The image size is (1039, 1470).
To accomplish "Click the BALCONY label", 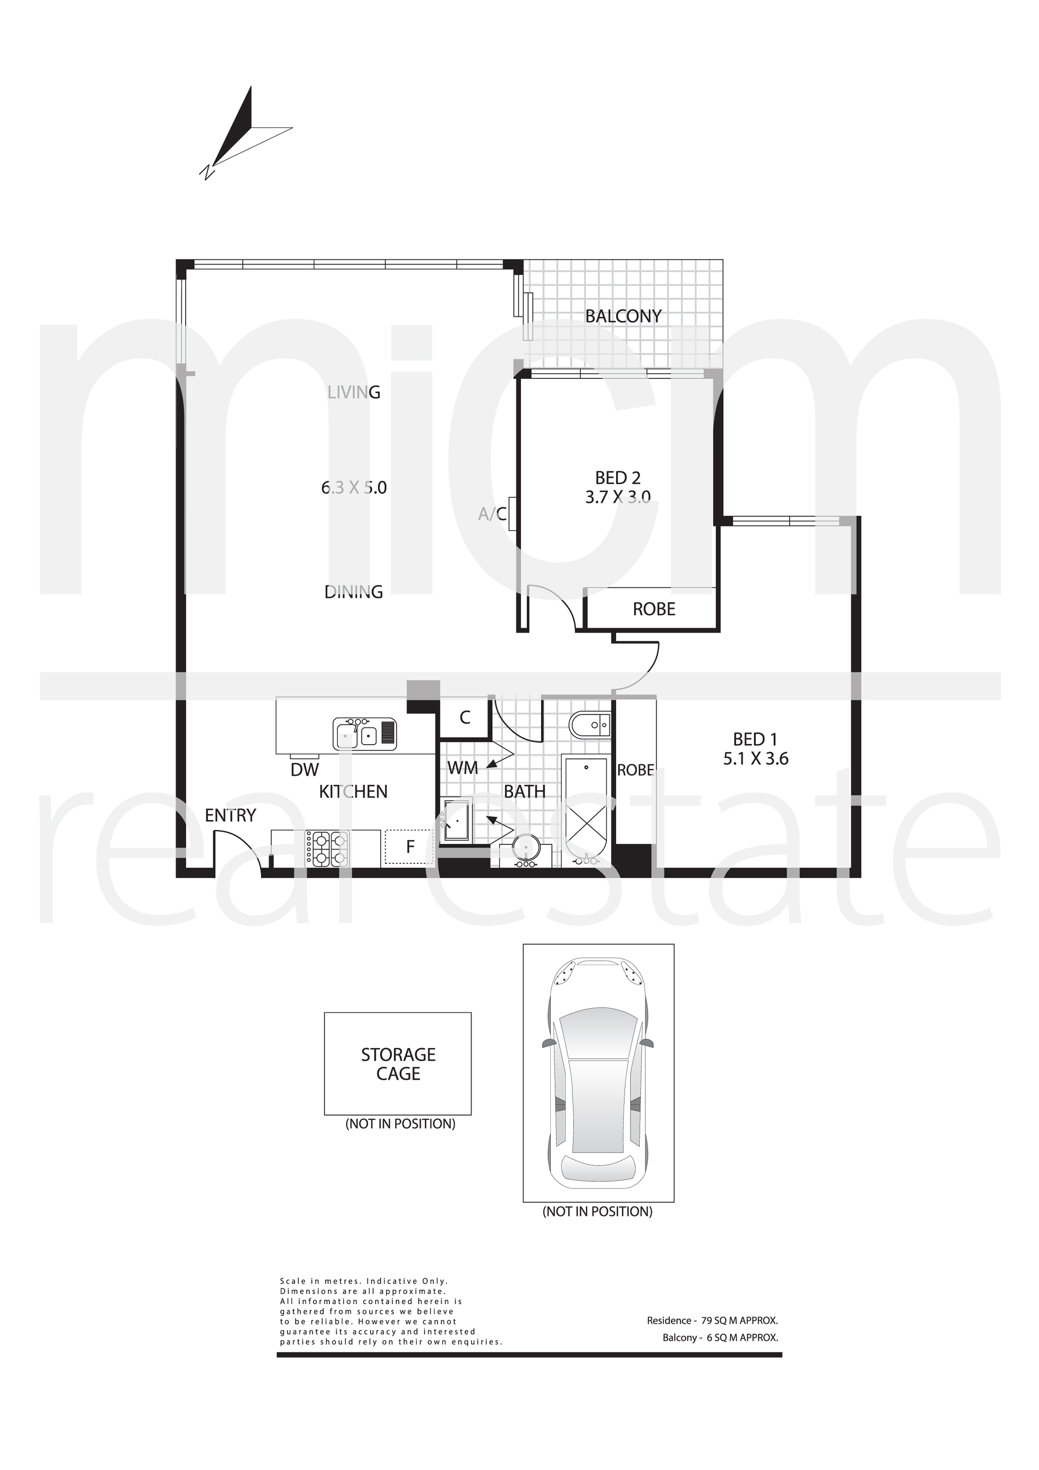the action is (623, 316).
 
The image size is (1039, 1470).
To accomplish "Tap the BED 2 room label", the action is (618, 478).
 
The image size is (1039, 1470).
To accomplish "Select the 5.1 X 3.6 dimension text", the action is (755, 759).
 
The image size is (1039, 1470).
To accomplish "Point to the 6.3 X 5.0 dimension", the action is (354, 488).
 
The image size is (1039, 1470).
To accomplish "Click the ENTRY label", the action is (230, 816).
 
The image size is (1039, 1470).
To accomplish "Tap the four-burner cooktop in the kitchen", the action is (326, 848).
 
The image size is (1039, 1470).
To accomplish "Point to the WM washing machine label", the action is (462, 767).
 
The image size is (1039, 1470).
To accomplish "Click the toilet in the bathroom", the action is (589, 725).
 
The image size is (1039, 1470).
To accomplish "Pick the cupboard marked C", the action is (465, 717).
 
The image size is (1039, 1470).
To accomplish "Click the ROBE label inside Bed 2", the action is (654, 609).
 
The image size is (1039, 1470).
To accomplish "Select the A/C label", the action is (492, 513).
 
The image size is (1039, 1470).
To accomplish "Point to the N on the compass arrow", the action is (206, 172).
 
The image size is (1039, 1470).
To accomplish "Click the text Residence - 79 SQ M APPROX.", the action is (712, 1320).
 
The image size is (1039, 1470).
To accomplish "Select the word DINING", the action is (354, 592).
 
